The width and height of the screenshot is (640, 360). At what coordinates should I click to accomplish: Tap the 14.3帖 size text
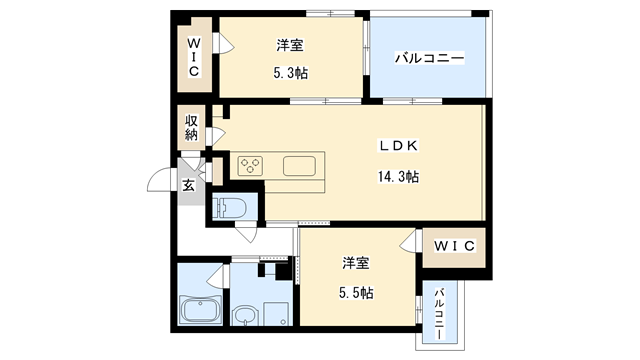click(x=397, y=177)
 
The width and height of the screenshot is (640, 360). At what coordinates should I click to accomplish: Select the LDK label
click(x=397, y=146)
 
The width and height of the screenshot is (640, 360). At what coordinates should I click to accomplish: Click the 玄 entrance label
click(x=188, y=184)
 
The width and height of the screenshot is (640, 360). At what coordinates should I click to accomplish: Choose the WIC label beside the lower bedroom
click(x=453, y=245)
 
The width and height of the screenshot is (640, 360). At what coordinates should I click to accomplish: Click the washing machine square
click(x=277, y=312)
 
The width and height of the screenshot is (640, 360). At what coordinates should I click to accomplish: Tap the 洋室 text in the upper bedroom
click(x=291, y=45)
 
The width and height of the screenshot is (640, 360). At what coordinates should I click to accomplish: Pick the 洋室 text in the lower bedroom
click(x=355, y=263)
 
